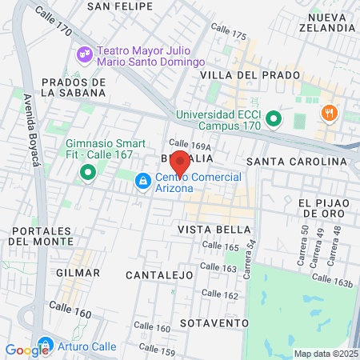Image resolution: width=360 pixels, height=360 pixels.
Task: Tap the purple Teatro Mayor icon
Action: tap(83, 54)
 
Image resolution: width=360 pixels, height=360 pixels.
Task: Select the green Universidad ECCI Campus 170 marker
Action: tap(274, 120)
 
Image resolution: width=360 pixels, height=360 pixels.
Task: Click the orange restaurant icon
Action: tap(327, 114)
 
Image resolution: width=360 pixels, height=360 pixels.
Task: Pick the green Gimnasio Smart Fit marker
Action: tap(86, 172)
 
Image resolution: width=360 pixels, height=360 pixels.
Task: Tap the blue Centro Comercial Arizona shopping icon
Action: tap(142, 182)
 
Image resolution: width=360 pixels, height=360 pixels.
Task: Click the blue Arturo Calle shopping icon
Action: tap(45, 346)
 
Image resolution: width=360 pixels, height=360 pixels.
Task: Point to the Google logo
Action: tap(26, 350)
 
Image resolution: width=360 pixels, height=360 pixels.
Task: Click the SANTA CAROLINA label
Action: tap(297, 162)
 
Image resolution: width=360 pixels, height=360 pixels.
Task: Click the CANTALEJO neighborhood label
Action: tap(160, 274)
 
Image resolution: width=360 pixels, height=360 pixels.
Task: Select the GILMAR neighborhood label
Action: tap(78, 272)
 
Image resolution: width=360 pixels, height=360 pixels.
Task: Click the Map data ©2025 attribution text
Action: tap(326, 354)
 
